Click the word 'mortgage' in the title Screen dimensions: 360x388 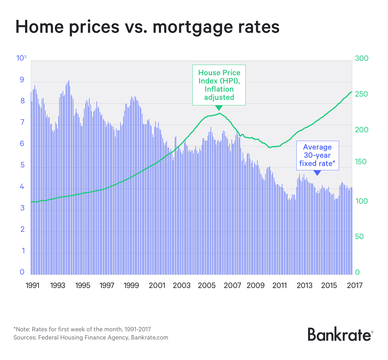point(191,27)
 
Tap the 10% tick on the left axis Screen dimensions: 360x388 point(21,58)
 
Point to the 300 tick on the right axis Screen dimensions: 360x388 point(361,59)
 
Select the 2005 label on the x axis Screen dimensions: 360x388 point(206,285)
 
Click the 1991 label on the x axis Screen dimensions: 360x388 point(32,285)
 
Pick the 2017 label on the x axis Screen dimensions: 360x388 point(354,285)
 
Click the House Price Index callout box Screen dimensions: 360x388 point(219,85)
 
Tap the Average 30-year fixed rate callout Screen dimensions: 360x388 point(317,155)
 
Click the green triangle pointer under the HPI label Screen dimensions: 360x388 point(219,108)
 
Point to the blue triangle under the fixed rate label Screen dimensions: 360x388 point(317,173)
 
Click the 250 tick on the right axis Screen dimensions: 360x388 point(361,94)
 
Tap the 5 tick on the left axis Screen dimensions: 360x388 point(22,165)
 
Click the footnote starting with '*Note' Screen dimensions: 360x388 point(82,329)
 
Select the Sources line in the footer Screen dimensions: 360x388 point(91,337)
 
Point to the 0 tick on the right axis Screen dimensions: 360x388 point(357,272)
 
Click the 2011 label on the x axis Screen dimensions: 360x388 point(279,285)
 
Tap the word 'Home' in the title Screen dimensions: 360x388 point(39,27)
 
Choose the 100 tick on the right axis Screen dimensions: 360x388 point(361,201)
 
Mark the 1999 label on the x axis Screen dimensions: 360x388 point(131,285)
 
